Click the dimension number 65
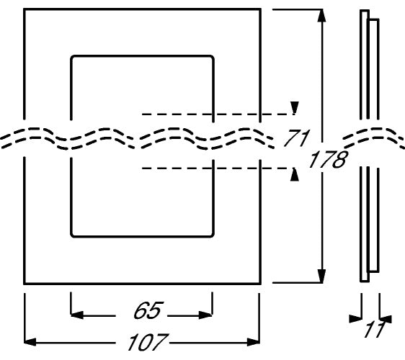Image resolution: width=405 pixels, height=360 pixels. click(x=148, y=310)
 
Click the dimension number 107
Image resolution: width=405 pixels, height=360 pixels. click(x=148, y=342)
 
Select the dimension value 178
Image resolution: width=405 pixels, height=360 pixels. click(x=328, y=160)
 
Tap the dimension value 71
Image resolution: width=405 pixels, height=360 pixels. click(x=296, y=138)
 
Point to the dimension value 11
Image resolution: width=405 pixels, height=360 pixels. click(x=374, y=329)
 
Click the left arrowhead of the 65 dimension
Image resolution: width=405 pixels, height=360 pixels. click(x=77, y=315)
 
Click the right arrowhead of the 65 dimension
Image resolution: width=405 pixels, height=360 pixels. click(x=205, y=315)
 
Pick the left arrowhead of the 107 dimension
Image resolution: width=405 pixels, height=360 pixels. click(x=30, y=342)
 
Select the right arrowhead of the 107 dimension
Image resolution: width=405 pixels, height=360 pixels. click(x=253, y=342)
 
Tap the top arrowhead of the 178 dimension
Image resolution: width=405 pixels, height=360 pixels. click(x=321, y=16)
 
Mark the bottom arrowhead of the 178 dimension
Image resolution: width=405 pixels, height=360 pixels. click(x=321, y=276)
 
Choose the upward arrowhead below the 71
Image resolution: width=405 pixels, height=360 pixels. click(x=295, y=175)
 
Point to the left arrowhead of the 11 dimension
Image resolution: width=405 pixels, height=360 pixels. click(x=355, y=319)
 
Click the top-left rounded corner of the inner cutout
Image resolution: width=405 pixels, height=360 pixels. click(x=73, y=58)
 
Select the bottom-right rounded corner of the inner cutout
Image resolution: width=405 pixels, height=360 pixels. click(x=212, y=235)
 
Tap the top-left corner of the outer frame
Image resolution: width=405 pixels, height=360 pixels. click(x=25, y=9)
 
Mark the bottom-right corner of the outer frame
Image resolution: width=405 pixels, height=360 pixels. click(x=260, y=284)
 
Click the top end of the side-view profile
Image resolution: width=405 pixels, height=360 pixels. click(x=365, y=11)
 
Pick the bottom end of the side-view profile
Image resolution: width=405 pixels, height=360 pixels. click(x=365, y=282)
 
